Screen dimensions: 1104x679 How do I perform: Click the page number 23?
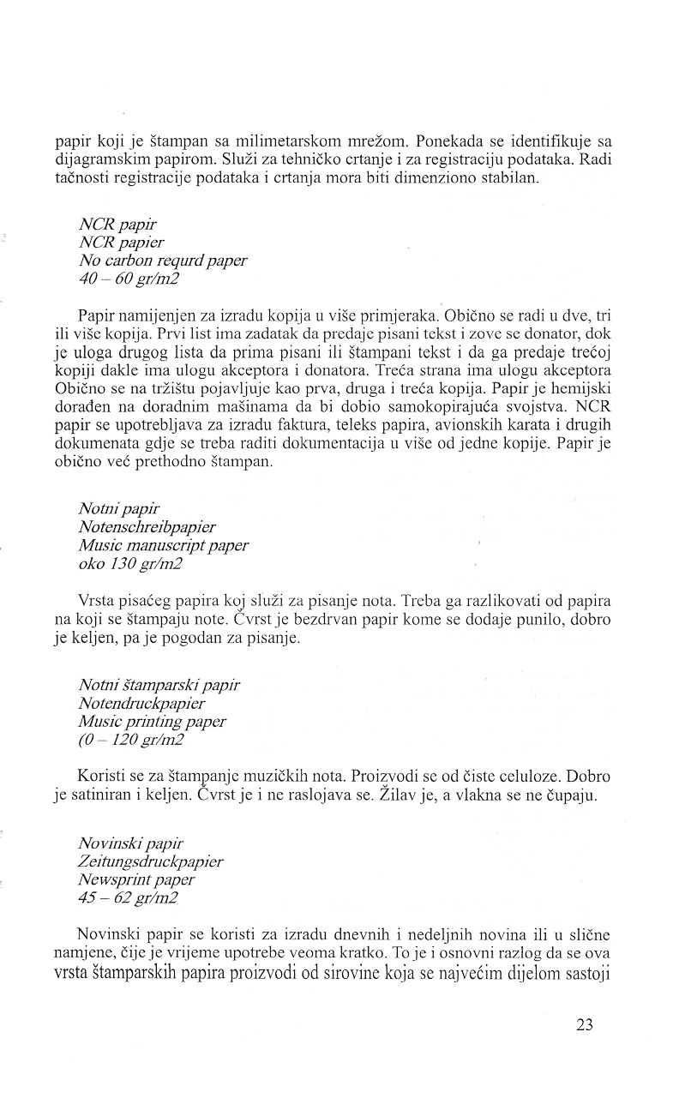click(586, 1025)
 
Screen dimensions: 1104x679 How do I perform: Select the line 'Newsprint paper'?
click(136, 879)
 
